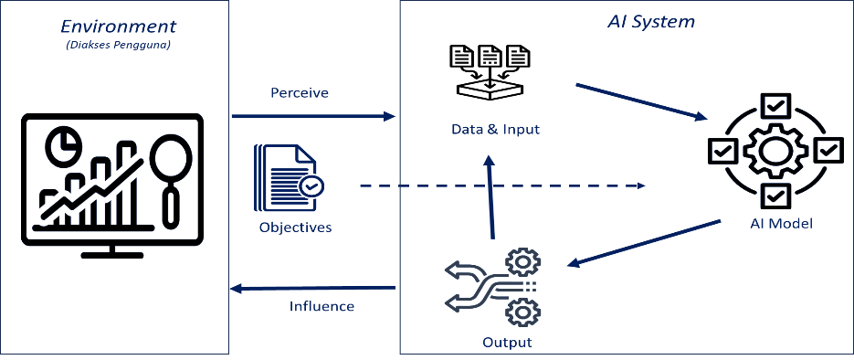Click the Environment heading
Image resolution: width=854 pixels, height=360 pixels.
coord(118,26)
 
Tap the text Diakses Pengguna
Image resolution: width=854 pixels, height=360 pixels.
coord(118,45)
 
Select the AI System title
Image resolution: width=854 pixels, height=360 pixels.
coord(651,22)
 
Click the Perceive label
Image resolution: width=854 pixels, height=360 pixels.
coord(300,93)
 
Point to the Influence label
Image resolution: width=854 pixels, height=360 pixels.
coord(322,306)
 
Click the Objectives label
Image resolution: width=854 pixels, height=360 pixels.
coord(295,228)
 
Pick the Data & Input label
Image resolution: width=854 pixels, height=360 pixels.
coord(496,130)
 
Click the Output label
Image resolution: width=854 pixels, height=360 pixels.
coord(507,343)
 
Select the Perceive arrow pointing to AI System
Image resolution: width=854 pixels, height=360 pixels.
coord(313,116)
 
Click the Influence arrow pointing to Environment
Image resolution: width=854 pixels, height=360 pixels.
coord(313,288)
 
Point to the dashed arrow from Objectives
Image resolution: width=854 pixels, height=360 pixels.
coord(502,186)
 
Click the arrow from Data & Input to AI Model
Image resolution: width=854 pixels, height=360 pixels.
coord(641,101)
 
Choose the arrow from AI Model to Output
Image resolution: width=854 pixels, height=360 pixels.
coord(644,243)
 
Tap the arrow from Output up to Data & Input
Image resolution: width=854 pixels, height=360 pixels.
coord(490,196)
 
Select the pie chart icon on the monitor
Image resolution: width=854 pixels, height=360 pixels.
coord(64,145)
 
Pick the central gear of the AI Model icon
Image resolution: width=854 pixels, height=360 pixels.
coord(774,151)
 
